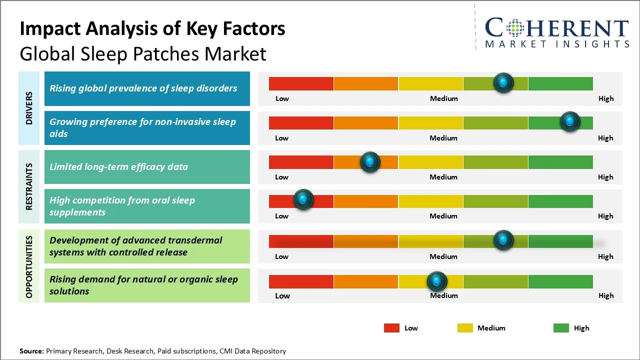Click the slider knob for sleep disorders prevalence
(503, 82)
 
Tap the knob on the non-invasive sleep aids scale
(569, 121)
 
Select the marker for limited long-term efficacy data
(370, 162)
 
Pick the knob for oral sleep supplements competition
(303, 200)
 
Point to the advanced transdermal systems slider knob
(503, 240)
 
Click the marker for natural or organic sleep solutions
(437, 281)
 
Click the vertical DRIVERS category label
(29, 108)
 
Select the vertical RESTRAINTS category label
(29, 186)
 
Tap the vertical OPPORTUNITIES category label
(29, 267)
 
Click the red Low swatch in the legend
(391, 328)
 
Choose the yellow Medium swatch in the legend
(465, 328)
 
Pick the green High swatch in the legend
(561, 328)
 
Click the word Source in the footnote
(31, 351)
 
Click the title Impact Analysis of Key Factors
(152, 29)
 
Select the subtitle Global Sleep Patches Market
(143, 53)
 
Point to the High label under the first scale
(606, 98)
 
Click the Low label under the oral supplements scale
(281, 216)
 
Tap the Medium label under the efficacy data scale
(443, 177)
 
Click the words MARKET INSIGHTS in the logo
(557, 44)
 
